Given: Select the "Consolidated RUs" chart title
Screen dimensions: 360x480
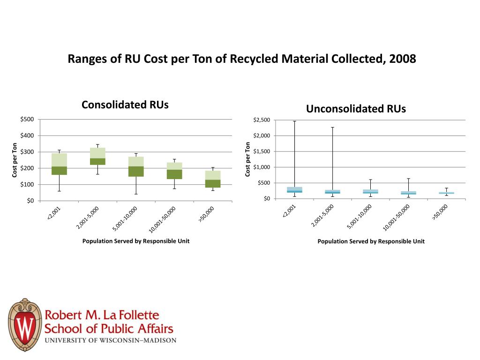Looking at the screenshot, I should coord(125,105).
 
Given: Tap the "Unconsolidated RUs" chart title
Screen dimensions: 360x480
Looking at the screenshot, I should coord(356,109).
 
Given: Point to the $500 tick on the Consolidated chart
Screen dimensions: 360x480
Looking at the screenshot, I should coord(27,119).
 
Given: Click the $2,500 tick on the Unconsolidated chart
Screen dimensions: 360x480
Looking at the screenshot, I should coord(261,120).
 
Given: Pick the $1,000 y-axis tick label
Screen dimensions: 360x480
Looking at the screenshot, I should coord(261,167).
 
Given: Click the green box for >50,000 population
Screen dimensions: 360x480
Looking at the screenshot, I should coord(213,179).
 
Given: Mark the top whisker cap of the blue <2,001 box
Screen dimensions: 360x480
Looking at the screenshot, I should coord(294,121).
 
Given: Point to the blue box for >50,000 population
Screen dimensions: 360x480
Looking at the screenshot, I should coord(446,193).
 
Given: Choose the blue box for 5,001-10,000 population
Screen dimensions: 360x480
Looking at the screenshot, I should coord(370,191).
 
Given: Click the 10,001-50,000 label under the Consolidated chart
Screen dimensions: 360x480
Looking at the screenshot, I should coord(162,219).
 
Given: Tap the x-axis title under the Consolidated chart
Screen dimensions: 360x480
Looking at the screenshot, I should coord(136,241).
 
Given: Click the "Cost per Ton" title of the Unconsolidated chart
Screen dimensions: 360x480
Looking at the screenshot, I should coord(247,159).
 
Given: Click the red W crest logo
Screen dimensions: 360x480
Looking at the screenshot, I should coord(24,324).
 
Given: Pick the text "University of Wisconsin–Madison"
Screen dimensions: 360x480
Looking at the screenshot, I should coord(111,340).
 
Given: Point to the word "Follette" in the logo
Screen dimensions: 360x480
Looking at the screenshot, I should coord(137,315).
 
